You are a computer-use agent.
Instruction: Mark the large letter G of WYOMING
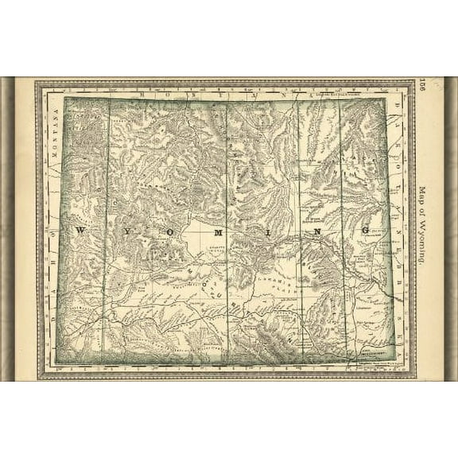tap(366, 231)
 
